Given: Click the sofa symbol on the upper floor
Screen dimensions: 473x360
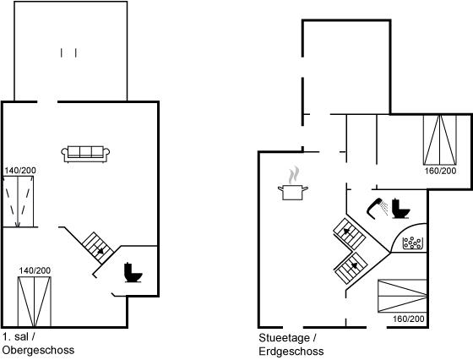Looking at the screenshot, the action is coord(85,154).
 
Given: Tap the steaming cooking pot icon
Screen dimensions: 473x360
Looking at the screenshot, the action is coord(293,184).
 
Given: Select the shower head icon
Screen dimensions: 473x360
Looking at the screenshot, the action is coord(377,208).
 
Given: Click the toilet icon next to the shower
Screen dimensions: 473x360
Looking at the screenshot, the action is coord(400,209).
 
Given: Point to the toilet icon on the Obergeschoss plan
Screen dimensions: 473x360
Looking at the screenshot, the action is coord(133,273).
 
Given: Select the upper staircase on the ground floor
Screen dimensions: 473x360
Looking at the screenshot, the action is coord(350,233).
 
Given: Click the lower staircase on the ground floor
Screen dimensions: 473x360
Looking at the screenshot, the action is coord(351,268).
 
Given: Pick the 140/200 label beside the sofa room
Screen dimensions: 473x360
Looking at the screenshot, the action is coord(20,171).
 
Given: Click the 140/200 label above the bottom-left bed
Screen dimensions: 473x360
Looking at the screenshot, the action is coord(35,270).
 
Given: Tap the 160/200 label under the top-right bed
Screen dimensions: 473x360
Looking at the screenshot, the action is coord(440,171).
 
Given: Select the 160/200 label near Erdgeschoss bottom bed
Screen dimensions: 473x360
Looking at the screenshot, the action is coord(409,319).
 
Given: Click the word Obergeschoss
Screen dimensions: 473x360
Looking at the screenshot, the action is coord(38,351).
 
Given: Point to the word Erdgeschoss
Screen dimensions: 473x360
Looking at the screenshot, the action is coord(291,352).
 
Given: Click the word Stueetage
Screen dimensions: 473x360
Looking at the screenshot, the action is coord(284,338).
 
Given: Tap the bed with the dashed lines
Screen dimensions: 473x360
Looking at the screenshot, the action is coord(18,201).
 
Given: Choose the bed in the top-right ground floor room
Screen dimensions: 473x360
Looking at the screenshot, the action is coord(440,139).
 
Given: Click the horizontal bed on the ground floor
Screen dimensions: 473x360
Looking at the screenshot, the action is coord(402,296).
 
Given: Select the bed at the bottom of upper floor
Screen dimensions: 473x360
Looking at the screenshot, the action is coord(35,302).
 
